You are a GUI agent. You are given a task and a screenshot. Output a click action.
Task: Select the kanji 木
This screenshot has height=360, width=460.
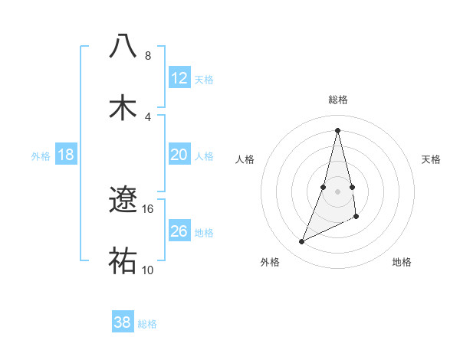123,107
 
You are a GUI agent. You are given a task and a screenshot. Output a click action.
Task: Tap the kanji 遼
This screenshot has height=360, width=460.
123,200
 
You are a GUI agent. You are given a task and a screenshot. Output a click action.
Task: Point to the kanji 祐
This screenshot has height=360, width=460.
123,261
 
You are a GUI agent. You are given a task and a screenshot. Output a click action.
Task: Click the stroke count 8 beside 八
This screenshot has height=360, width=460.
148,55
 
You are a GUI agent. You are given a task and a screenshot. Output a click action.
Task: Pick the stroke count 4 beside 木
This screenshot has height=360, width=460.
148,116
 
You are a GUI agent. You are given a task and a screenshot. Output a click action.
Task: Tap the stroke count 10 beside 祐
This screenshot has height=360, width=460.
148,270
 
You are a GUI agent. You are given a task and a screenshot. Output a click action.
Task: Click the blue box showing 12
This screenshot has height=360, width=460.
179,78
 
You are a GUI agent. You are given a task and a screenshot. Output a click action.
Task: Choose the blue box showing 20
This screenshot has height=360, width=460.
179,155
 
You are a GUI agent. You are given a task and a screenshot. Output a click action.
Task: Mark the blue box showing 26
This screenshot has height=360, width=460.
179,231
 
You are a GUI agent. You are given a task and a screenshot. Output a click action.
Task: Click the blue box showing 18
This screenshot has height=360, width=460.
66,155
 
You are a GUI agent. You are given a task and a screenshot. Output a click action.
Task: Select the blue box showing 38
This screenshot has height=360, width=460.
123,322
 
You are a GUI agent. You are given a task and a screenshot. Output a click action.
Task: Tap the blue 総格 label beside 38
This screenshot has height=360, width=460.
147,324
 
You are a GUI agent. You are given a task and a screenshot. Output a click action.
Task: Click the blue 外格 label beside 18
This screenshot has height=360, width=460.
41,156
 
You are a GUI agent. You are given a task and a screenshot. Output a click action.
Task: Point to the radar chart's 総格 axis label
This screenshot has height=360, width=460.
338,100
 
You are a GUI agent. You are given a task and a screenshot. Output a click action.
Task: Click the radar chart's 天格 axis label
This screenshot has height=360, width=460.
431,159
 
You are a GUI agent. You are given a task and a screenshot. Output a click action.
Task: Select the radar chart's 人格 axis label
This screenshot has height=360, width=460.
245,159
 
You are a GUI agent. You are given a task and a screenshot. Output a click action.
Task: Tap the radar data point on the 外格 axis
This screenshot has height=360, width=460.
302,242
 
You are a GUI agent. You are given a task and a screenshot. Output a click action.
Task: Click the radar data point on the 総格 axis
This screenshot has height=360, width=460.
338,129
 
